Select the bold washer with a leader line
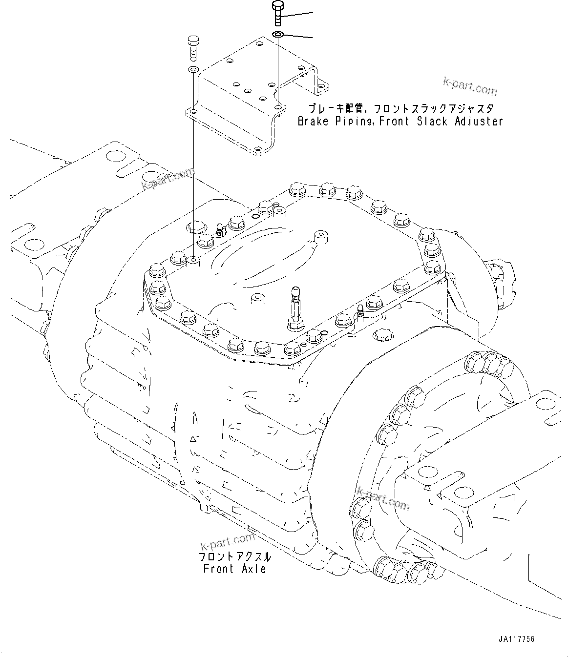pos(278,35)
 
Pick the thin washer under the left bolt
pos(193,69)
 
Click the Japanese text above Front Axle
pos(234,557)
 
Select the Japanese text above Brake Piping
pos(400,108)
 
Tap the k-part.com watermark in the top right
pos(469,86)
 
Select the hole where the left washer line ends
pos(193,261)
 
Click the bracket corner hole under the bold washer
pos(277,106)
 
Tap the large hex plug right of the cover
pos(381,335)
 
